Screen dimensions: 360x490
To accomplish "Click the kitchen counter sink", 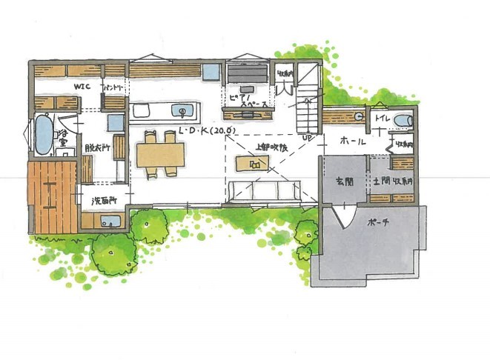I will [181, 112].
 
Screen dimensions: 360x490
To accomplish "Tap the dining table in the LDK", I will [160, 155].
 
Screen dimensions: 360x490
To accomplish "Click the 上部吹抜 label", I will [263, 147].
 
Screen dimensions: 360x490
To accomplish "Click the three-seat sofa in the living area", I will [263, 190].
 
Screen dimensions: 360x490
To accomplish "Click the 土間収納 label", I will [392, 181].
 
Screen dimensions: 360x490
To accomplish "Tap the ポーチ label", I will [376, 221].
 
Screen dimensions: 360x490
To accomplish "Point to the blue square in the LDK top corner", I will [211, 73].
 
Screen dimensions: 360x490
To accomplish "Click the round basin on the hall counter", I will [359, 115].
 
